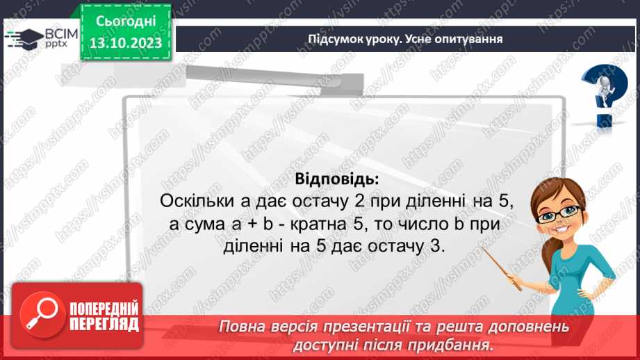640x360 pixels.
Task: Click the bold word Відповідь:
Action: point(337,179)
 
